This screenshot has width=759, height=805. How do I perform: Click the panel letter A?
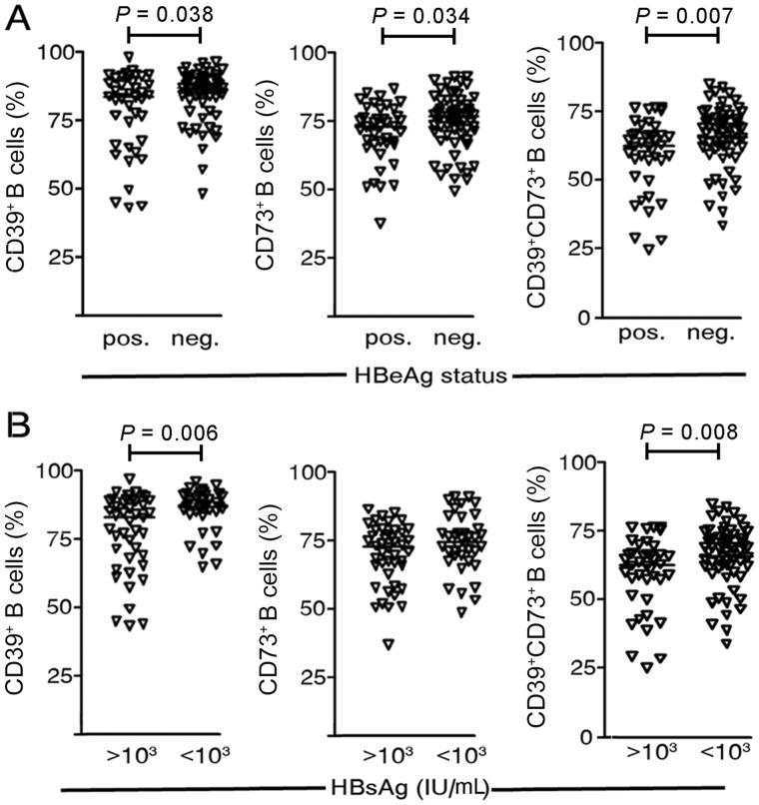coord(17,18)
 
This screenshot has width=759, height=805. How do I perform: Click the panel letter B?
coord(17,430)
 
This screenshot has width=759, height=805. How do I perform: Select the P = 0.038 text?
coord(164,13)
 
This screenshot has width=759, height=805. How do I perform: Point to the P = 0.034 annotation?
coord(417,13)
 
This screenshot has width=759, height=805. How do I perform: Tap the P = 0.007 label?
coord(682,13)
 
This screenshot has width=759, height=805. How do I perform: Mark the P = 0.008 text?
coord(683,430)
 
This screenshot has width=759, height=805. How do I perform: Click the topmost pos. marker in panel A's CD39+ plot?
coord(129,57)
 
